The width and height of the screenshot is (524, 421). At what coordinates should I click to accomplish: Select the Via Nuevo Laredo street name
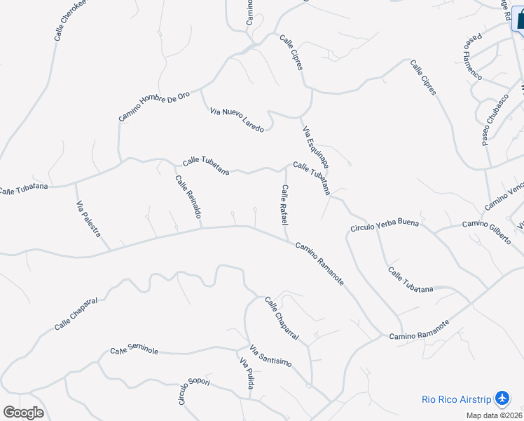pos(237,120)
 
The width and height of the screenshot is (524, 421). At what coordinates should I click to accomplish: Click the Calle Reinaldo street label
pos(188,196)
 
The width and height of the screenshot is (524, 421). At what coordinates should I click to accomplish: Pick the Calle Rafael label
pos(284,205)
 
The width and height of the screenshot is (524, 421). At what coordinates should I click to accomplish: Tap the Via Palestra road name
pos(88,219)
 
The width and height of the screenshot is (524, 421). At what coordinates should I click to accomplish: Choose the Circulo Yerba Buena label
pos(385,226)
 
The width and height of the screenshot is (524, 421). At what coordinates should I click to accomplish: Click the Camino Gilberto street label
pos(486,232)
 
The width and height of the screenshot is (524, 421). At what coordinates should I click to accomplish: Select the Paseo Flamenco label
pos(472,55)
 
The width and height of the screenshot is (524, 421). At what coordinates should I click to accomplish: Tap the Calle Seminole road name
pos(135,350)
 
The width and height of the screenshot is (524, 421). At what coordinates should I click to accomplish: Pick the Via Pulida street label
pos(246,373)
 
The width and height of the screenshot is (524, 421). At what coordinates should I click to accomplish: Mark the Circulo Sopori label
pos(194,392)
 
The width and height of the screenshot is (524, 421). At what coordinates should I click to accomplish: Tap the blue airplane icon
pos(502,399)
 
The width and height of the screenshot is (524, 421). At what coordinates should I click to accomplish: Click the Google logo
pos(23,413)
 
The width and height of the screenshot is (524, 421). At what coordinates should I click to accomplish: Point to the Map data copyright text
pos(495,415)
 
